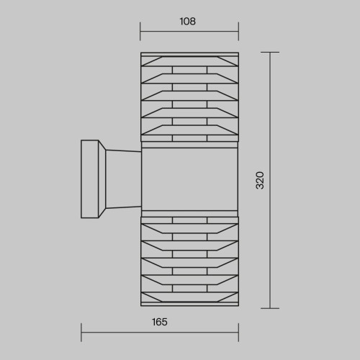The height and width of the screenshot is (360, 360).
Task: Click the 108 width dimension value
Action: click(x=188, y=22)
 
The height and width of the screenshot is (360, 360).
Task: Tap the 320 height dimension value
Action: click(x=260, y=181)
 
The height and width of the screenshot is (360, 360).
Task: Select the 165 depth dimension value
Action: click(x=160, y=322)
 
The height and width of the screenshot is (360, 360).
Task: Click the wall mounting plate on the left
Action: click(x=90, y=179)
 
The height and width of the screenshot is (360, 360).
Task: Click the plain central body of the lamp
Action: click(x=189, y=179)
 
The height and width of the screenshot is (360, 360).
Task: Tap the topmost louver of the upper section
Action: click(x=189, y=61)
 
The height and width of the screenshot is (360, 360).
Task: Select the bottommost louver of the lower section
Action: click(x=189, y=297)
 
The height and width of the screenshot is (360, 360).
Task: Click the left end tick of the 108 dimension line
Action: click(x=140, y=31)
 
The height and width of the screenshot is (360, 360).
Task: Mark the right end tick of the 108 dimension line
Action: click(x=238, y=31)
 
